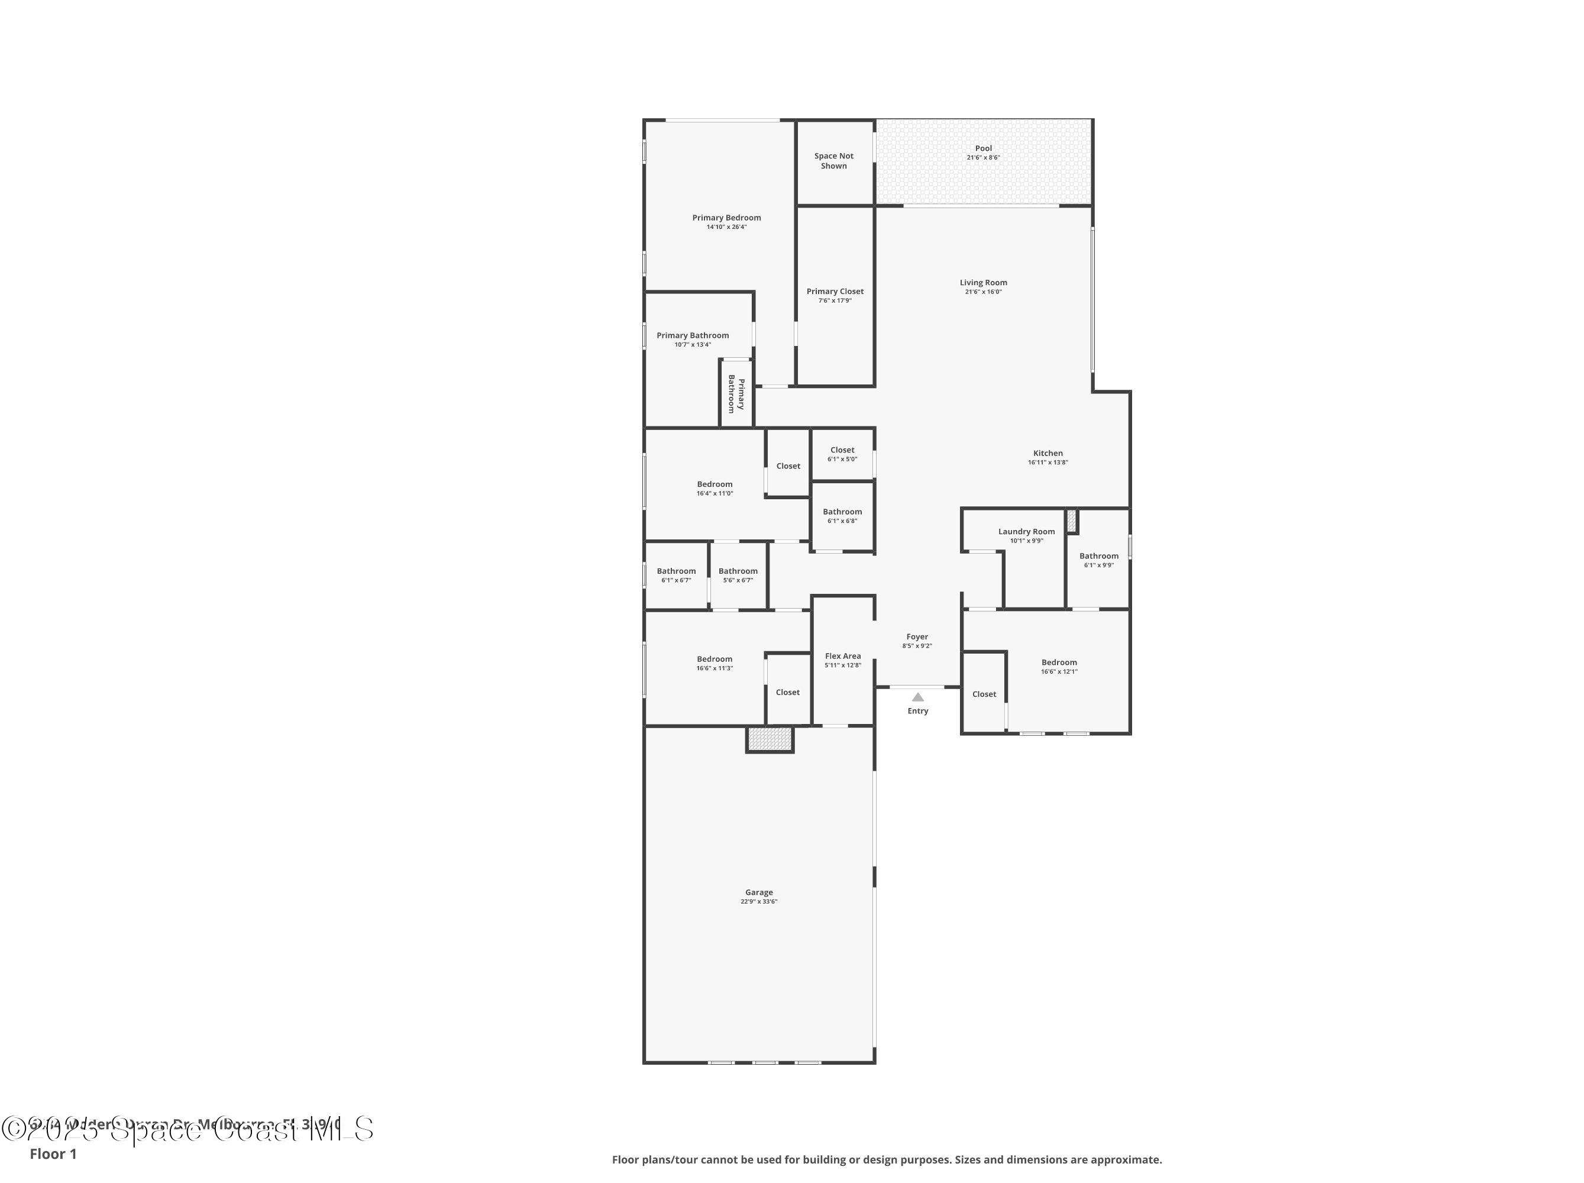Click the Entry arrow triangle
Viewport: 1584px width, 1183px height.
(917, 697)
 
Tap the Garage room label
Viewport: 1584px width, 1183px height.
(758, 892)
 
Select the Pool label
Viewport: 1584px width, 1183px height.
(983, 148)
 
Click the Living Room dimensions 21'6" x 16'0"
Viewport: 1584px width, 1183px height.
(983, 292)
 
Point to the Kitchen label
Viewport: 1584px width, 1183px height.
(1048, 452)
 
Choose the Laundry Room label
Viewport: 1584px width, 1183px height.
(1026, 531)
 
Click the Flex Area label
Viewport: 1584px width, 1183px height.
(843, 656)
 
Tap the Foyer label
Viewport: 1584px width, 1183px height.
(917, 636)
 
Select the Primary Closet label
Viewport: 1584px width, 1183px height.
(835, 292)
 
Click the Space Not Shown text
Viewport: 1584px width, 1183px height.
(833, 161)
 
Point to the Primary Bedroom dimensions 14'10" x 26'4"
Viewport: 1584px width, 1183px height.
(726, 227)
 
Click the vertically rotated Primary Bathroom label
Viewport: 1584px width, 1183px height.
(736, 395)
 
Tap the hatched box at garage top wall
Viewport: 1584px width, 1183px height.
(770, 738)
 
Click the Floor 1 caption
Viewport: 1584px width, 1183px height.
(53, 1153)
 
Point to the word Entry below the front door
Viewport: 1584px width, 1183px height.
(917, 711)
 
